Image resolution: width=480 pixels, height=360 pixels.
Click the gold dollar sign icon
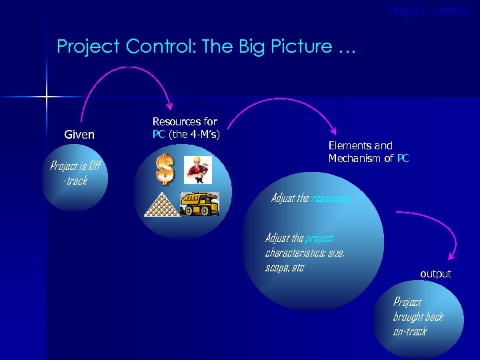(165, 169)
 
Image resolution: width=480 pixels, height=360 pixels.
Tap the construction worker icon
(199, 169)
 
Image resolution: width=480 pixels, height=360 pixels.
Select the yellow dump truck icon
(199, 203)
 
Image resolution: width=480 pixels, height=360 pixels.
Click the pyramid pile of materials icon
(162, 203)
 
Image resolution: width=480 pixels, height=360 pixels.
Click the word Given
(79, 135)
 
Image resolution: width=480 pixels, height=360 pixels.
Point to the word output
(435, 274)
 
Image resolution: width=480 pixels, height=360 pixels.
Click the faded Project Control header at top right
(428, 11)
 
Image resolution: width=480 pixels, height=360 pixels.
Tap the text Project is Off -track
(75, 173)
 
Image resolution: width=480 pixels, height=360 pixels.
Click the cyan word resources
(331, 199)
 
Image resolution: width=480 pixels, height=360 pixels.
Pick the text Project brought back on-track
(417, 317)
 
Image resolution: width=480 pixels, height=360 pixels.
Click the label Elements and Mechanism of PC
(369, 152)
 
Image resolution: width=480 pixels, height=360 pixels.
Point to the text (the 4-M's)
(195, 135)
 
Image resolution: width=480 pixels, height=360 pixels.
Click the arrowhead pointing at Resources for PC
(170, 105)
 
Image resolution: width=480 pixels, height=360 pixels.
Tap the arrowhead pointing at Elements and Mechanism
(333, 132)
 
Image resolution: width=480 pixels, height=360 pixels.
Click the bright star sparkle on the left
(47, 98)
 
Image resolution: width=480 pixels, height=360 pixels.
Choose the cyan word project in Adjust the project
(319, 239)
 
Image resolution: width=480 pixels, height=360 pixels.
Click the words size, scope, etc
(304, 261)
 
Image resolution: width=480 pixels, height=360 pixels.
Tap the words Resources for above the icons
(185, 122)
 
